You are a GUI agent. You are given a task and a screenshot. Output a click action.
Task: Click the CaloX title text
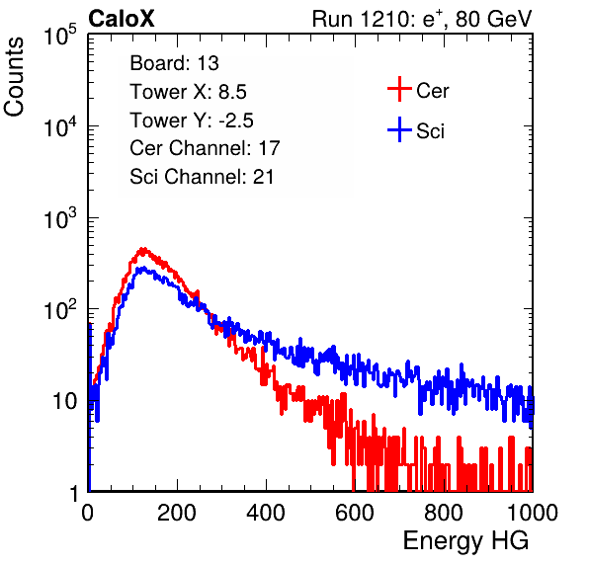pyautogui.click(x=122, y=19)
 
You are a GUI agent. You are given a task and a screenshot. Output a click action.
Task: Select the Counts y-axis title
pyautogui.click(x=14, y=77)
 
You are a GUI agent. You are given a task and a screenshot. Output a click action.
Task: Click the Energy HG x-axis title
pyautogui.click(x=465, y=541)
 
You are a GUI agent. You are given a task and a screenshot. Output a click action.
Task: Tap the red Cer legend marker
pyautogui.click(x=399, y=89)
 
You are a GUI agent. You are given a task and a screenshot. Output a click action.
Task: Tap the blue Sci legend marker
pyautogui.click(x=399, y=129)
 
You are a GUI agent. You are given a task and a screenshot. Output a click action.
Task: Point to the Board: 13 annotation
pyautogui.click(x=174, y=63)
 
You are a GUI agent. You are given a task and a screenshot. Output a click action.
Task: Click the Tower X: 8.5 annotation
pyautogui.click(x=188, y=92)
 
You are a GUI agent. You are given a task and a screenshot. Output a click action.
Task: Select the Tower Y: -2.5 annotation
pyautogui.click(x=192, y=121)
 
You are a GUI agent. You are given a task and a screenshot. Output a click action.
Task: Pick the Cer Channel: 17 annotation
pyautogui.click(x=205, y=148)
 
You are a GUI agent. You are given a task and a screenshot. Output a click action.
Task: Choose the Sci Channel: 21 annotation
pyautogui.click(x=202, y=177)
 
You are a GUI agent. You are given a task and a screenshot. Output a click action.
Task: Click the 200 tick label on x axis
pyautogui.click(x=177, y=513)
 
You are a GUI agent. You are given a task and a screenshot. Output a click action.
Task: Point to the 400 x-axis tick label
pyautogui.click(x=266, y=513)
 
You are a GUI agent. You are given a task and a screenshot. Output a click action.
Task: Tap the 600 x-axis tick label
pyautogui.click(x=355, y=513)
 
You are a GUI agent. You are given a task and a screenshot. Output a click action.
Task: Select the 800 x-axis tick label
pyautogui.click(x=444, y=513)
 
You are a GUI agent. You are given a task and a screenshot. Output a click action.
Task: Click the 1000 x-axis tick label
pyautogui.click(x=533, y=513)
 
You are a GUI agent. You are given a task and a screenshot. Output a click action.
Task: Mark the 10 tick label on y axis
pyautogui.click(x=65, y=401)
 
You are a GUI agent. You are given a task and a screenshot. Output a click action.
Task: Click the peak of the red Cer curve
pyautogui.click(x=142, y=249)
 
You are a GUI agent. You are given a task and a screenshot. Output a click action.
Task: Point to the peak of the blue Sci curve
pyautogui.click(x=142, y=268)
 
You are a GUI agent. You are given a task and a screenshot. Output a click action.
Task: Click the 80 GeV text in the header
pyautogui.click(x=493, y=19)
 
